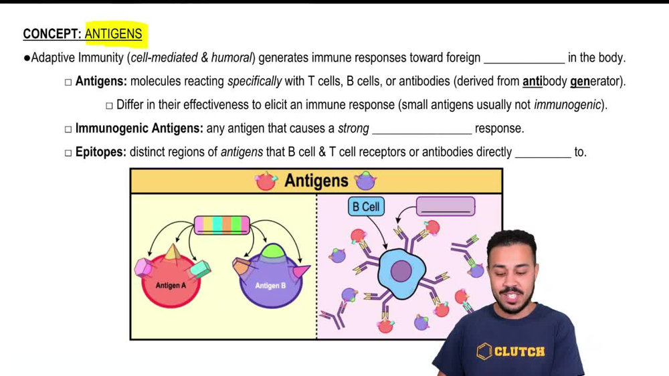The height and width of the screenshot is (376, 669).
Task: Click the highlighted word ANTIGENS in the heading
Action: coord(113,34)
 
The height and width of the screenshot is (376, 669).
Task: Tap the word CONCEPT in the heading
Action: coord(51,34)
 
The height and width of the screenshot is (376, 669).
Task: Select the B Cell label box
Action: coord(366,207)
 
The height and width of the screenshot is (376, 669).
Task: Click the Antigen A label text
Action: coord(171,286)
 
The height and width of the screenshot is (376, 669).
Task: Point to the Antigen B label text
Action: coord(270,286)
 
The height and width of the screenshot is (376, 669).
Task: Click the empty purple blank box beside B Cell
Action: coord(446,207)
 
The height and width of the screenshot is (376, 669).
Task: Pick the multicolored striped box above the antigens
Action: coord(221,225)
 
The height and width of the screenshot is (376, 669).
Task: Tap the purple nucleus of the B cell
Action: coord(401,272)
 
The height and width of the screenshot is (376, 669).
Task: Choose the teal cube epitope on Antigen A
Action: coord(200,269)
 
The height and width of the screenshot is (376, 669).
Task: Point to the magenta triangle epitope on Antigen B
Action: coord(301,271)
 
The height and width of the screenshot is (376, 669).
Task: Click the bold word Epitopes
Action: coord(100,152)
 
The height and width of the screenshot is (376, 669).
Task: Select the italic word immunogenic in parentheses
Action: coord(568,105)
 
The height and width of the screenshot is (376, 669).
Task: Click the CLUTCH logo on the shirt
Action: coord(511,351)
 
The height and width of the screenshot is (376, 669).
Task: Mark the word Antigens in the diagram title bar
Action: coord(316,181)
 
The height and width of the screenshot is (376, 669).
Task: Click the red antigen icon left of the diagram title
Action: coord(266,181)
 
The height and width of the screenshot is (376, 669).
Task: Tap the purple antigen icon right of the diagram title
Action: coord(365,181)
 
